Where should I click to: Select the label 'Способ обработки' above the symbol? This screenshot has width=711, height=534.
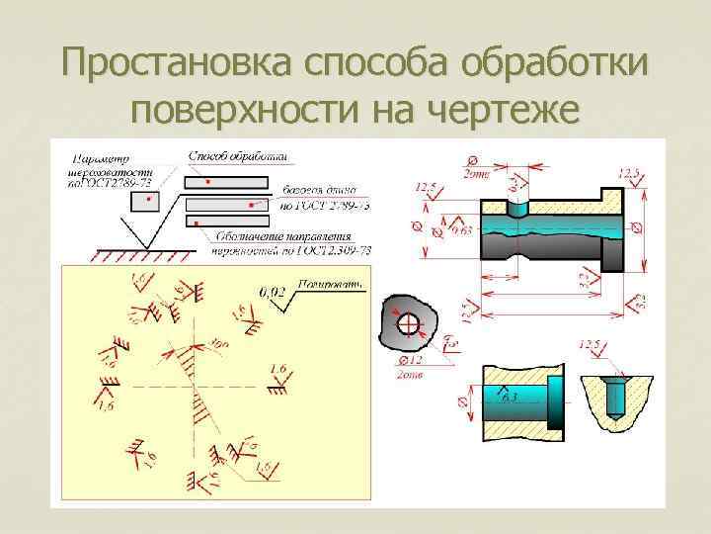[x=238, y=155]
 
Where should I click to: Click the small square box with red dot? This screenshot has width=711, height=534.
[x=147, y=201]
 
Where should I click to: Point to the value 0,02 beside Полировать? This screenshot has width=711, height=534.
[x=273, y=292]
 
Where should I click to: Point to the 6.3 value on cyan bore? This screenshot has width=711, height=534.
[x=510, y=399]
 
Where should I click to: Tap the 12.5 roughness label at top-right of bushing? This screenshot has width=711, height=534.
[x=629, y=174]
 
